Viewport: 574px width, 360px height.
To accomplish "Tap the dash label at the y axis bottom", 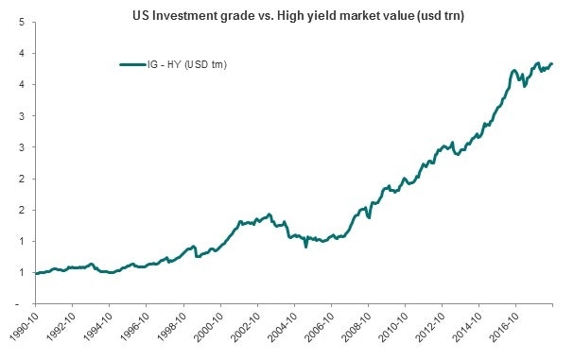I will point(22,303).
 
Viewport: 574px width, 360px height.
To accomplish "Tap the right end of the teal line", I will point(552,63).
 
